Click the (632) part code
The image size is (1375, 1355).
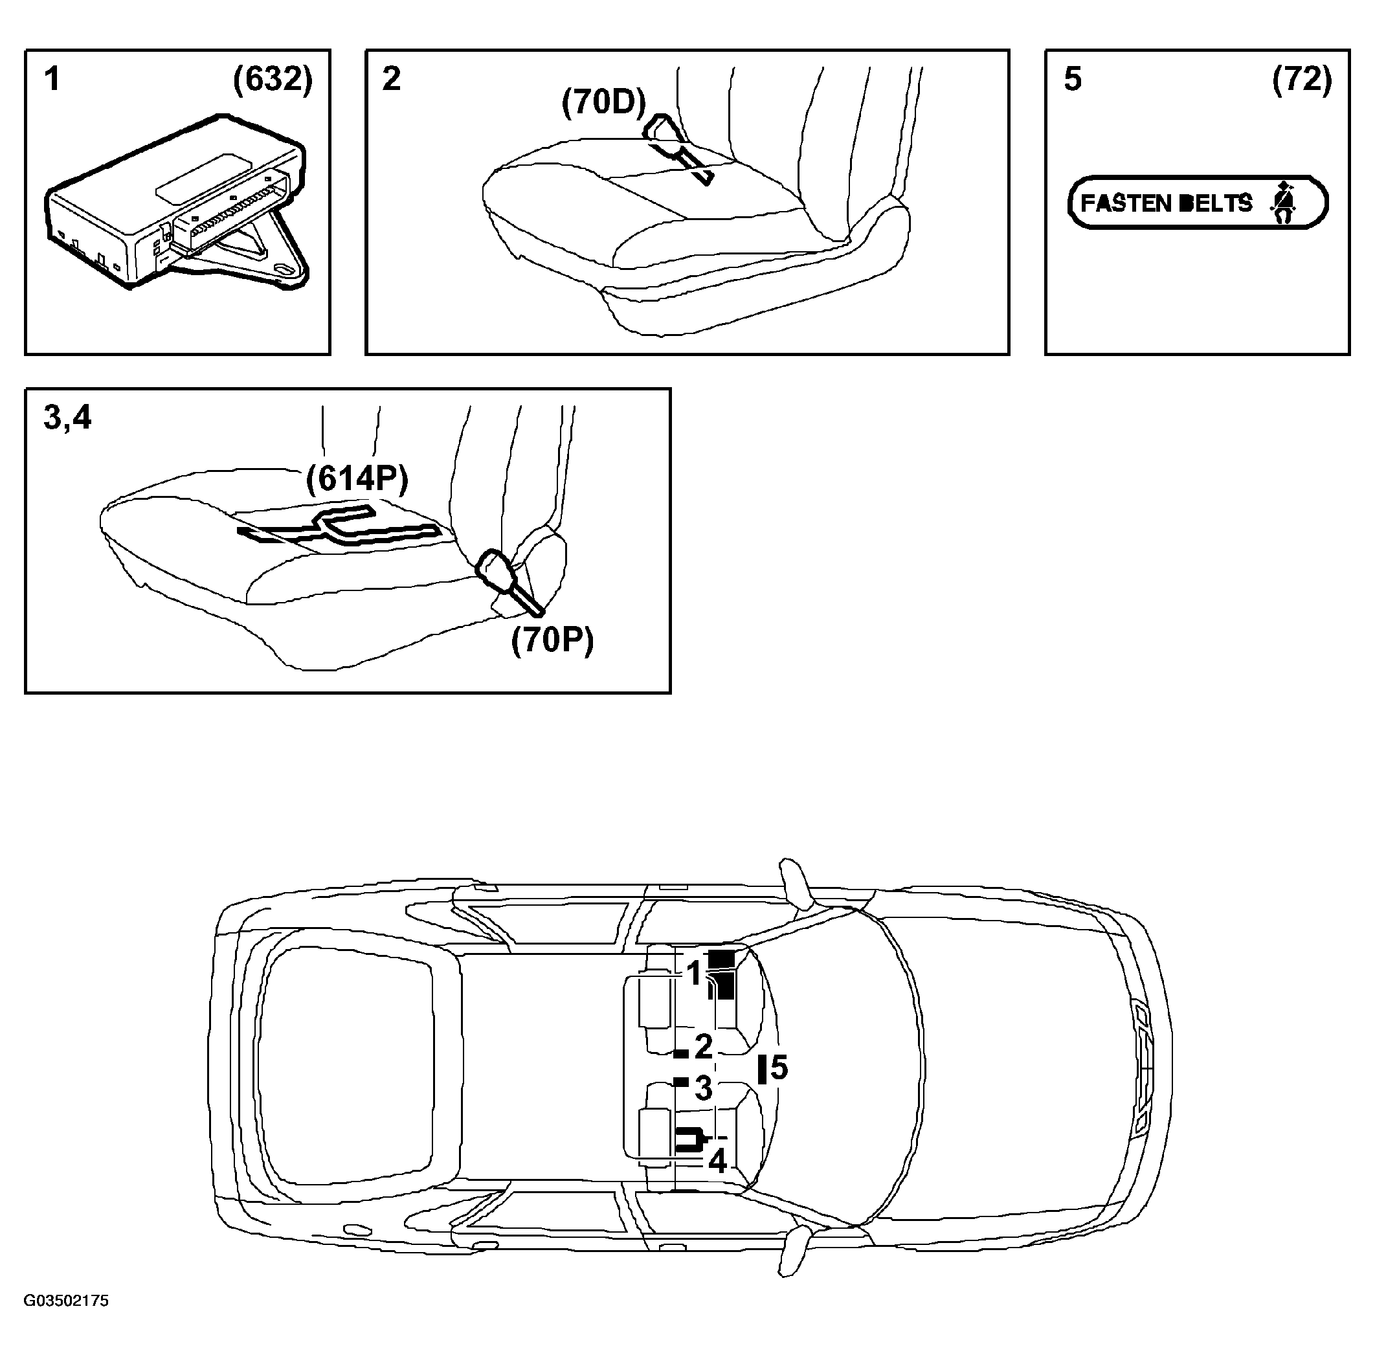coord(273,80)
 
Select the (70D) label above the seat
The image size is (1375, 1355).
coord(604,102)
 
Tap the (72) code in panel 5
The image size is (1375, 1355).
coord(1302,80)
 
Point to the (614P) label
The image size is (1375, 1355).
coord(357,478)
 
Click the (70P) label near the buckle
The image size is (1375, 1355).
coord(552,640)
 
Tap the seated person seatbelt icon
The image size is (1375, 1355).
coord(1282,203)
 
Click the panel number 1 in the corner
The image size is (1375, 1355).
coord(52,79)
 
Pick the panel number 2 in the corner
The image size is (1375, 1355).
coord(392,79)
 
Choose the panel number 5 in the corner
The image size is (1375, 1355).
coord(1073,79)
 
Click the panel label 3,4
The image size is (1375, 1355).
coord(67,418)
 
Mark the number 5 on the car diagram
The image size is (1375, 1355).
coord(779,1068)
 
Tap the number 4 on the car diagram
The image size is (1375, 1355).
coord(717,1161)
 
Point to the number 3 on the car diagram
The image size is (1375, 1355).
coord(703,1088)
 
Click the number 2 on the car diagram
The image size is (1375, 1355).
coord(703,1046)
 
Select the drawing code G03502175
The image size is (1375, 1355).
coord(66,1301)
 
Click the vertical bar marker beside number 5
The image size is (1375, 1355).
coord(762,1069)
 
